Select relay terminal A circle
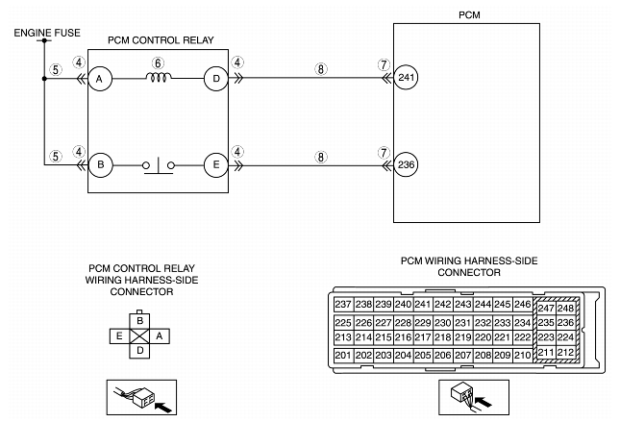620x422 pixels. [x=99, y=81]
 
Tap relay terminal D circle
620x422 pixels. [x=215, y=81]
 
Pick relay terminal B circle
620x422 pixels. [x=99, y=166]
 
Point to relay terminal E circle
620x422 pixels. [x=215, y=166]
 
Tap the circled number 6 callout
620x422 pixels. [x=160, y=62]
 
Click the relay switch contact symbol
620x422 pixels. [x=159, y=167]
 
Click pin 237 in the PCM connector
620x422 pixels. [x=342, y=305]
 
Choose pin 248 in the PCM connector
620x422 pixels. [x=565, y=308]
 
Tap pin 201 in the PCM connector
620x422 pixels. [x=342, y=356]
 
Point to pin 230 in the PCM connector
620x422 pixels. [x=442, y=323]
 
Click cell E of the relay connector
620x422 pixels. [x=119, y=335]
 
